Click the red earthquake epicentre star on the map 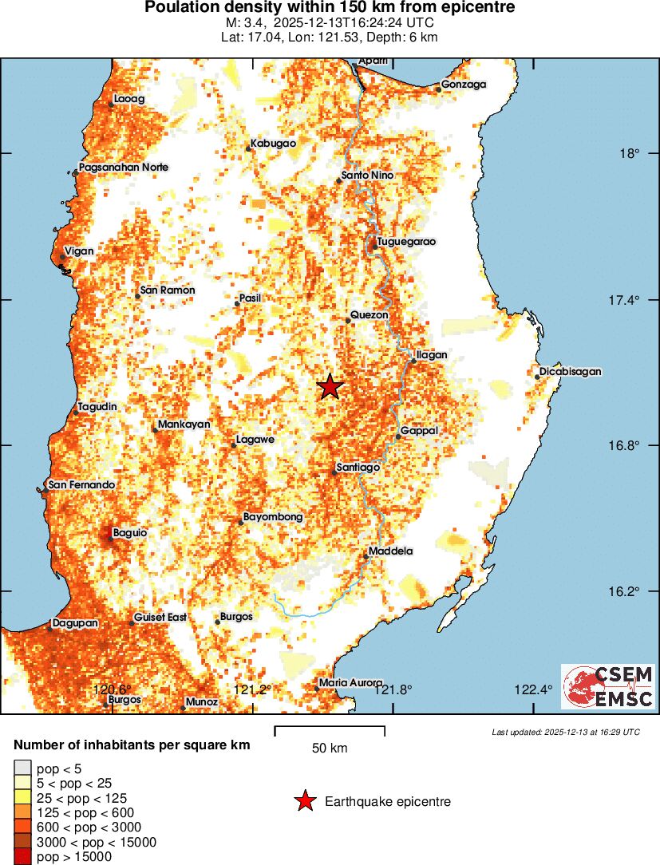(x=330, y=387)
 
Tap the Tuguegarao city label (x=406, y=242)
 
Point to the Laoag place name (x=129, y=99)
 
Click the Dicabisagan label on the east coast (x=570, y=372)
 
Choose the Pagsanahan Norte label (x=124, y=168)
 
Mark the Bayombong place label (x=273, y=517)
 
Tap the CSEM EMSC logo (x=608, y=686)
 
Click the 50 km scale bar (x=330, y=730)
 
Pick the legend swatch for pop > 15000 (x=22, y=857)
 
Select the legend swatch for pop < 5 (x=22, y=769)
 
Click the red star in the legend (x=304, y=802)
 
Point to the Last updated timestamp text (x=565, y=732)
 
